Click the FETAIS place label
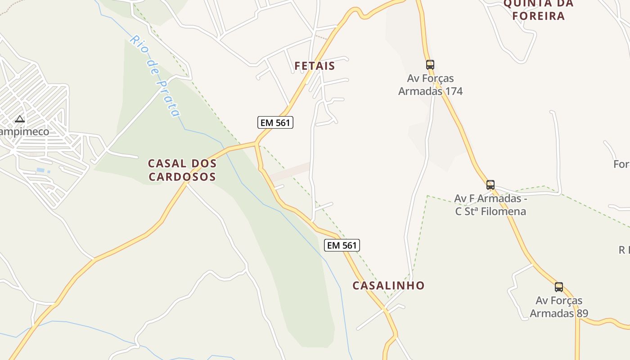coord(315,66)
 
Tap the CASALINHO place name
coord(388,285)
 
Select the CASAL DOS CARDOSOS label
coord(182,170)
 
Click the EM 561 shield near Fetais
coord(275,122)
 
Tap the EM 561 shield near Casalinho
coord(342,245)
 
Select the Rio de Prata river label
coord(155,76)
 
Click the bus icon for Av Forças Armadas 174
coord(430,65)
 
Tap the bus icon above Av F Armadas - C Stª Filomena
coord(490,184)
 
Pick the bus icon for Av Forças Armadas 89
coord(559,287)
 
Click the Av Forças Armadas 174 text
coord(431,85)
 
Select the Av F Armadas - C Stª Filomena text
coord(490,205)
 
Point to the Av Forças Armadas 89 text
coord(559,307)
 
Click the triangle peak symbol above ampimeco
coord(19,119)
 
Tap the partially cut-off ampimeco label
coord(24,132)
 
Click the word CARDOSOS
coord(182,176)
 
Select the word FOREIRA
coord(534,16)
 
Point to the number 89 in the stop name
coord(582,313)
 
